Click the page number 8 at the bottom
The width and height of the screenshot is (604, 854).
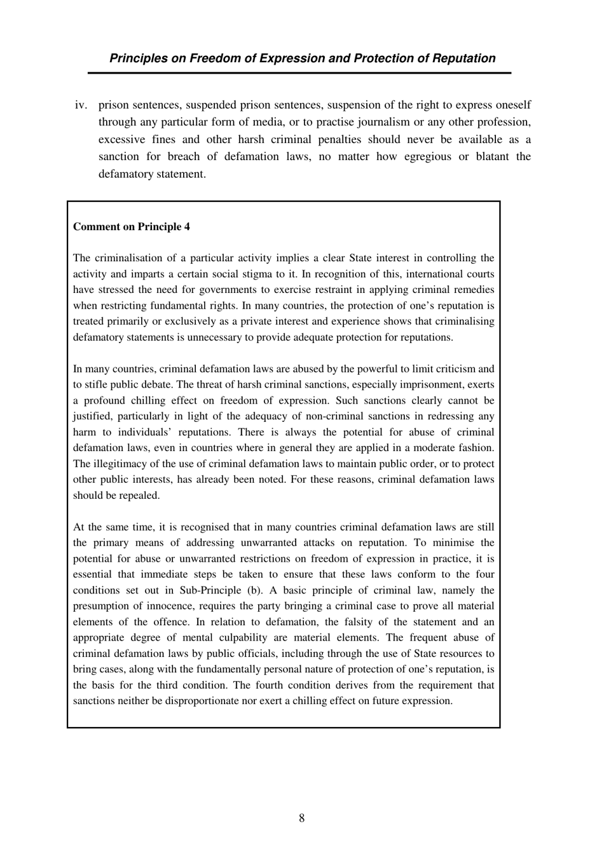[x=301, y=818]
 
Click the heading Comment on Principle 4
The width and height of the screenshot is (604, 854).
[x=131, y=227]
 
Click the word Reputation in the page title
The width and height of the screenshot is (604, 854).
[x=464, y=58]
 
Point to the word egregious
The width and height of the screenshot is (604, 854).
[x=428, y=156]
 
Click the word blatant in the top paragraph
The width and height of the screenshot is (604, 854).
[x=490, y=156]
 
